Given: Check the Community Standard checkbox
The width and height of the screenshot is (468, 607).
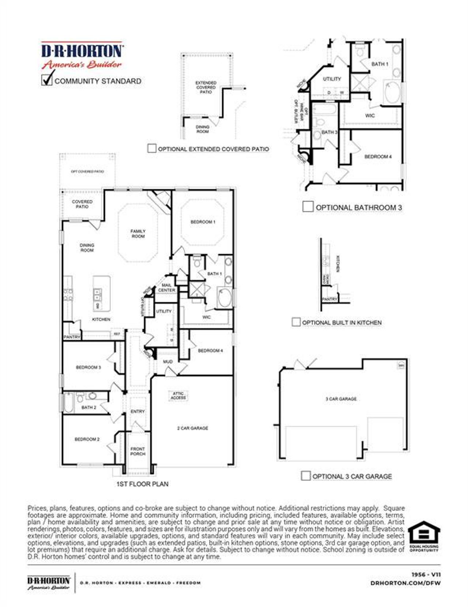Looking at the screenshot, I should pos(47,80).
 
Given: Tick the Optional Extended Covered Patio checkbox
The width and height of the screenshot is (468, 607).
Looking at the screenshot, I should pos(152,148).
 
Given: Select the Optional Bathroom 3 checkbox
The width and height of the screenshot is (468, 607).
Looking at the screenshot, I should pos(308,206).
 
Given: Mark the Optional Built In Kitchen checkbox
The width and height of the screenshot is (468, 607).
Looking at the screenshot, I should pos(296,322).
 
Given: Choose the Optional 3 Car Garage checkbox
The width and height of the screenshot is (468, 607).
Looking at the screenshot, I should pos(306,476).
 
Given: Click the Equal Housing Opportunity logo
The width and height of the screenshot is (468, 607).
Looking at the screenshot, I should pos(424,536).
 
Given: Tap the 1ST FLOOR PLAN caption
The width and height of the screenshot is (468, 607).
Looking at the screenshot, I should pos(142,484).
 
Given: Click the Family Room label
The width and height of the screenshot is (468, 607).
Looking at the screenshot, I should pos(138,234).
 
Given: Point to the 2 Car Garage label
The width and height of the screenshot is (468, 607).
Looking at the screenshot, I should pos(193,428).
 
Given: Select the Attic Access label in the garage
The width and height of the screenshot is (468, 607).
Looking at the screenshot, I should pos(178,396).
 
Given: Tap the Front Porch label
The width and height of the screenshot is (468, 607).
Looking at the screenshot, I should pos(138,451).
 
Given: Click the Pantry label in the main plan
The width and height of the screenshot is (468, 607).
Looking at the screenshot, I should pos(72,337).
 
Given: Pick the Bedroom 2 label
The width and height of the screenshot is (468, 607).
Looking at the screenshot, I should pos(87,439).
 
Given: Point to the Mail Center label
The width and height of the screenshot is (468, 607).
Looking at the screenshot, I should pos(166,287).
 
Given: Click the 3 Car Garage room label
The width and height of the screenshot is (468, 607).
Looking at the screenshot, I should pos(341,399).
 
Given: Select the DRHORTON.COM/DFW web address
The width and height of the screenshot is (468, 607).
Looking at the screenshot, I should pos(405,583).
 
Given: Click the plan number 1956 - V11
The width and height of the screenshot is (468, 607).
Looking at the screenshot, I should pos(426,575).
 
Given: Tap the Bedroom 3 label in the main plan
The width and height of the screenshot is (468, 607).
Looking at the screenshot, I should pos(88,367).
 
